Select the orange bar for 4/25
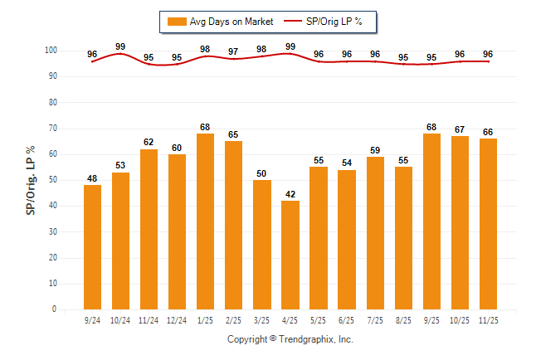click(290, 255)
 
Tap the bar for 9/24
click(92, 247)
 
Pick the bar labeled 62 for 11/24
click(149, 229)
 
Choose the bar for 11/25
click(488, 224)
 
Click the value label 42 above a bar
click(290, 194)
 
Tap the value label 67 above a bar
click(460, 129)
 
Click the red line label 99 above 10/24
click(120, 46)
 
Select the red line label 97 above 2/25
click(234, 51)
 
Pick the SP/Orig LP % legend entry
click(329, 22)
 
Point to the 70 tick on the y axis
click(51, 129)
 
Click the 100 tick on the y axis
click(50, 51)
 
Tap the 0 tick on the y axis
click(54, 309)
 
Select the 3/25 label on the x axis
click(262, 319)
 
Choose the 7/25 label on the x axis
click(375, 319)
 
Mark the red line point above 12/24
click(177, 64)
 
